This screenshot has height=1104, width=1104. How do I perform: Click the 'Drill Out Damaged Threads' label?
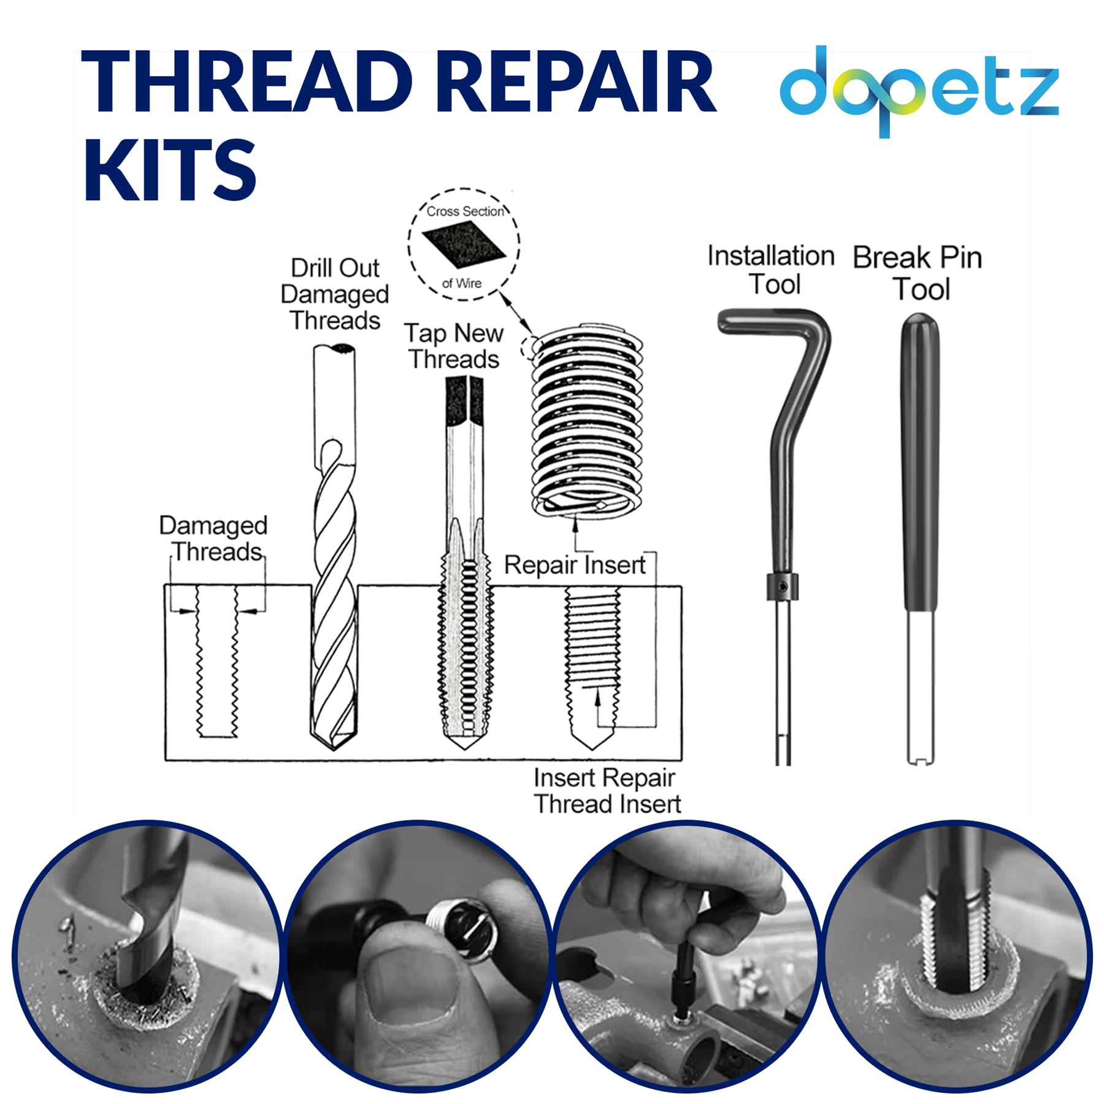(335, 294)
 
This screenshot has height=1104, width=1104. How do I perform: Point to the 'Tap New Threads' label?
(454, 347)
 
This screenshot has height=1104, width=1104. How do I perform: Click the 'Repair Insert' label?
(574, 565)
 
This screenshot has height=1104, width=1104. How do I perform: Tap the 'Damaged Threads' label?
(213, 539)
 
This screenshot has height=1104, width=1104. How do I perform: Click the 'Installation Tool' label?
(771, 270)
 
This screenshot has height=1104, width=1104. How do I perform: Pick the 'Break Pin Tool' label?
(918, 274)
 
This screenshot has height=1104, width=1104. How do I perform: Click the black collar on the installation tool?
(782, 587)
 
